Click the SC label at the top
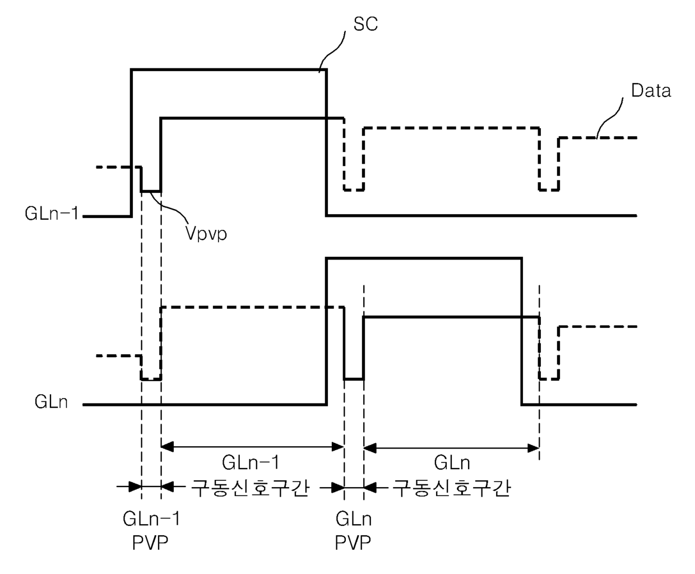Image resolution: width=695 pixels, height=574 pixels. click(x=365, y=24)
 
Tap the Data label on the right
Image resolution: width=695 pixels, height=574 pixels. click(x=651, y=91)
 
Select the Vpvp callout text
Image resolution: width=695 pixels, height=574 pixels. click(x=206, y=233)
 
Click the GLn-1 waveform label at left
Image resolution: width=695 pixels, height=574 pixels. click(x=52, y=213)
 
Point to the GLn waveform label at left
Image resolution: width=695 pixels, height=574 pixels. click(x=51, y=401)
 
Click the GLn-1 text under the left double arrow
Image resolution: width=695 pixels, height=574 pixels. click(x=251, y=462)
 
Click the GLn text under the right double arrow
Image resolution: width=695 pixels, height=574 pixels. click(x=452, y=463)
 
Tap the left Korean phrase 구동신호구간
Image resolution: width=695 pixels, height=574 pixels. click(x=251, y=488)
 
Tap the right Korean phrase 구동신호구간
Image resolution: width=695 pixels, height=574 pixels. click(x=451, y=488)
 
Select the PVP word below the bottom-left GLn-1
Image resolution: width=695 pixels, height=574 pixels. click(x=150, y=543)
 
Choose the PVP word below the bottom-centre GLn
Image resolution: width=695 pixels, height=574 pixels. click(x=353, y=543)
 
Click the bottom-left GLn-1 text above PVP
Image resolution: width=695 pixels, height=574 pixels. click(x=151, y=519)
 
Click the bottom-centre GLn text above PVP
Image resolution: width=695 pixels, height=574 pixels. click(x=353, y=519)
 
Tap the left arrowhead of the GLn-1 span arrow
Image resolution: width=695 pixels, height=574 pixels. click(x=167, y=447)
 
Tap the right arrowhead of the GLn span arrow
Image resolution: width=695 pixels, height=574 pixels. click(x=534, y=448)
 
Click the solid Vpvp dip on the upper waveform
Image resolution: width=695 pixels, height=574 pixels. click(x=151, y=192)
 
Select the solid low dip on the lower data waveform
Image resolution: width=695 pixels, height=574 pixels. click(x=354, y=379)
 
